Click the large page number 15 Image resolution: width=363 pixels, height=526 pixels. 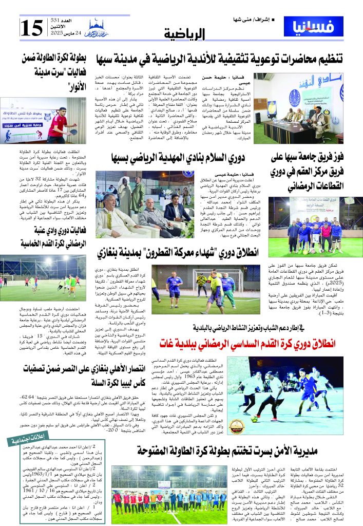pyautogui.click(x=34, y=27)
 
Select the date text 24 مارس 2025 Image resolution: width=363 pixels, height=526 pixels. pyautogui.click(x=62, y=40)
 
